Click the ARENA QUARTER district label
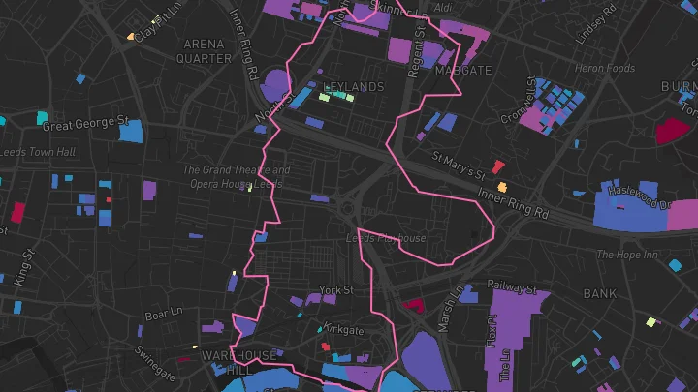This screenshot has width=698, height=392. click(204, 50)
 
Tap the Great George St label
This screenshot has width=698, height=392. click(85, 124)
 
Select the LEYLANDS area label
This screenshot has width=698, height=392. click(353, 87)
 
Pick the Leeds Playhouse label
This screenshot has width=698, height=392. click(387, 238)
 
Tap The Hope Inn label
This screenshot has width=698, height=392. click(626, 256)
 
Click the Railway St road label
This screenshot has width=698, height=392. click(512, 287)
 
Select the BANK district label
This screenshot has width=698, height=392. click(600, 292)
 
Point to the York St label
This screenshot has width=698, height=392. click(336, 289)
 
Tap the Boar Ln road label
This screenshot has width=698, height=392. click(163, 313)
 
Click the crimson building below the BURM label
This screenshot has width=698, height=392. click(670, 131)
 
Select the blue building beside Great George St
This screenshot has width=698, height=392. click(130, 132)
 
